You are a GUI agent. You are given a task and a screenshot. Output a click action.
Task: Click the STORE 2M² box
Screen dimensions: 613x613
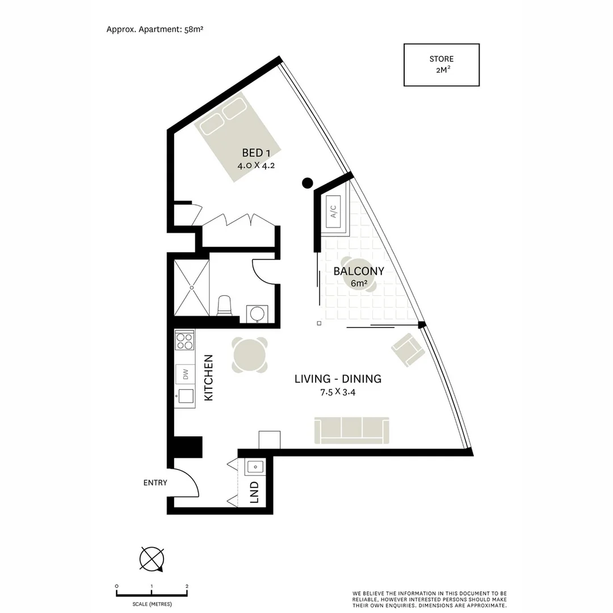(x=441, y=65)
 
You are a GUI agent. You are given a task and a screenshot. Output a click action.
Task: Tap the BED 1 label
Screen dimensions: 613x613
(x=253, y=153)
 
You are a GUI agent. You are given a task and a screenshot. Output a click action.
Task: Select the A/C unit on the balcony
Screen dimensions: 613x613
(x=334, y=212)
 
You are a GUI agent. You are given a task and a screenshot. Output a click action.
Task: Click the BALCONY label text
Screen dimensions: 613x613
(x=359, y=271)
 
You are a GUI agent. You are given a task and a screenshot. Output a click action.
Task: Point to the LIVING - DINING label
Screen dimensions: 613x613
(x=338, y=379)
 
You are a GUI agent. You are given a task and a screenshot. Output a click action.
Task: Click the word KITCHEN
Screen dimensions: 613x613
(x=208, y=378)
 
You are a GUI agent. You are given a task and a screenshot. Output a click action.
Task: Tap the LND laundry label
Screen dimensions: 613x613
(x=254, y=492)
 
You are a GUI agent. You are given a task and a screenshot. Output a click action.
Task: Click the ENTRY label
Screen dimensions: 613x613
(x=155, y=483)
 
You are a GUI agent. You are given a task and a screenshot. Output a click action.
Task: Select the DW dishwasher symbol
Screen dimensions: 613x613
(x=185, y=374)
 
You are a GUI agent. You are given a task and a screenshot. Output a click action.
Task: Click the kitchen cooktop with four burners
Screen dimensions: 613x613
(x=184, y=341)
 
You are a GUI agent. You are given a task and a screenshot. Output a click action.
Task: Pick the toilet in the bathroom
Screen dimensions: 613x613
(x=225, y=306)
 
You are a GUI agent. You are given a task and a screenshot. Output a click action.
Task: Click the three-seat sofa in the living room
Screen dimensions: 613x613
(x=352, y=431)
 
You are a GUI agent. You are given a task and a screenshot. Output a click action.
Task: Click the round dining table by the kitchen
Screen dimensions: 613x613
(x=250, y=355)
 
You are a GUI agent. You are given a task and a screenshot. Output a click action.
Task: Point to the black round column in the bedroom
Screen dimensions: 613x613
(x=308, y=183)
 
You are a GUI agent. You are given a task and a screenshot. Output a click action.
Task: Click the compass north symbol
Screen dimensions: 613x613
(x=152, y=559)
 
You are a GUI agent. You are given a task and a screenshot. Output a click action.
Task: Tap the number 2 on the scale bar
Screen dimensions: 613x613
(x=187, y=586)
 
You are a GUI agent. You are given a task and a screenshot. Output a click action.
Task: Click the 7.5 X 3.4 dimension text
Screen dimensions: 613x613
(x=338, y=392)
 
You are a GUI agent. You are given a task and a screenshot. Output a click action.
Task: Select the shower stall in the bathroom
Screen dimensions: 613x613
(x=191, y=288)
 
